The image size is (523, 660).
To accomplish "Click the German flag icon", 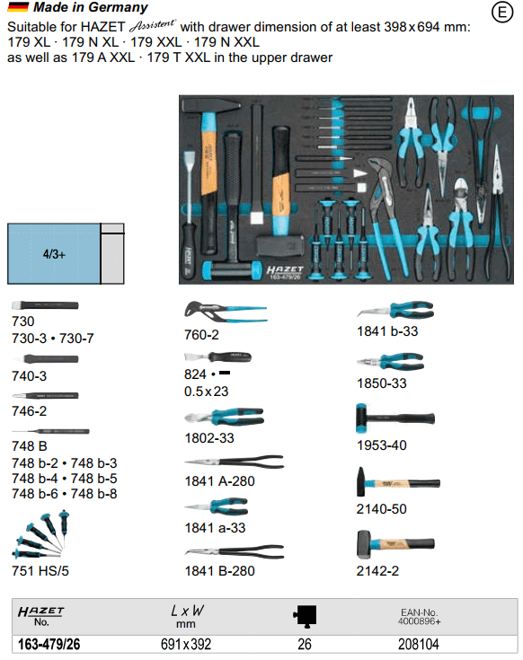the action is [x=18, y=7].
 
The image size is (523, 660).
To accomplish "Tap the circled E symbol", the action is [x=502, y=13].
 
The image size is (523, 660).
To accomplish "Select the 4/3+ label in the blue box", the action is [x=54, y=254].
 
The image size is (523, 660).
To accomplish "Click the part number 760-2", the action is [x=201, y=335].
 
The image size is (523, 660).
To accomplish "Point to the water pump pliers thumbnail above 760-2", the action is [x=226, y=312].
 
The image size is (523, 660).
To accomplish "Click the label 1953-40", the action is [x=382, y=444].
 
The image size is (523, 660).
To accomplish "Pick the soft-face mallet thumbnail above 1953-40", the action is [x=395, y=418].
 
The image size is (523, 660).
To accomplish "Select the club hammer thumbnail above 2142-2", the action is [x=395, y=544].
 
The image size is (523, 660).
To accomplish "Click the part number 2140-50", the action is [x=382, y=509].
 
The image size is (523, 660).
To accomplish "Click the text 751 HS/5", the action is [x=40, y=571].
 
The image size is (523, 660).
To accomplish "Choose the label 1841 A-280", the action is [x=219, y=480].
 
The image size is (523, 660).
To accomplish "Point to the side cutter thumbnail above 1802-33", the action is [x=224, y=417].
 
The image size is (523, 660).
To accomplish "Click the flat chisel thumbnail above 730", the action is [x=45, y=305].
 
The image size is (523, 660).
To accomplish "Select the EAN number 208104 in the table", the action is [x=419, y=644].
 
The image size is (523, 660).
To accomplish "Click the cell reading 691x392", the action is [x=186, y=644].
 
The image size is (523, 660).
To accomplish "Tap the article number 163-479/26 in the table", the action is [x=49, y=644].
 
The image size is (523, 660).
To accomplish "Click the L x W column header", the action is [x=187, y=615].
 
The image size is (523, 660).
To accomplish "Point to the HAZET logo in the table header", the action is [x=40, y=612].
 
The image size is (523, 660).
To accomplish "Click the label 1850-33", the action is [x=382, y=383].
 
